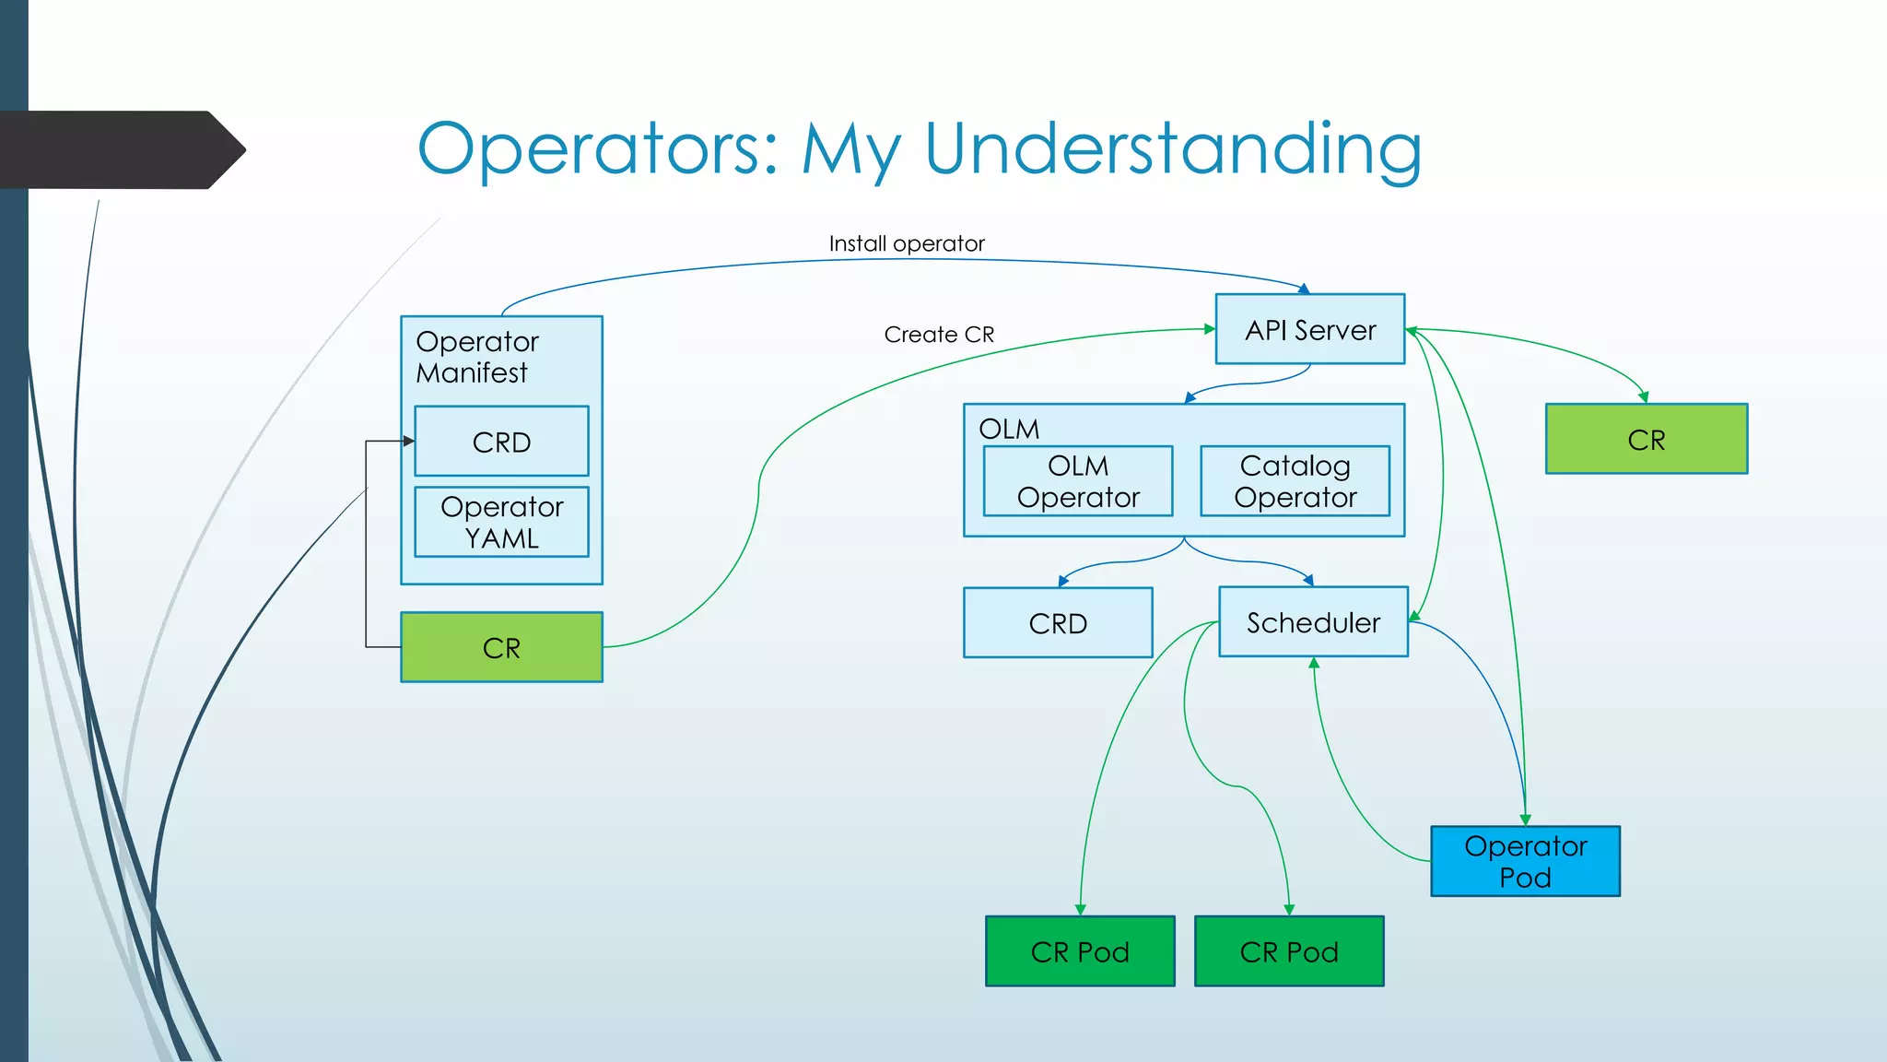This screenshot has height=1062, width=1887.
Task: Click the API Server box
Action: point(1309,329)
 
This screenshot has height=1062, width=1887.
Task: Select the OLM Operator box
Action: point(1077,481)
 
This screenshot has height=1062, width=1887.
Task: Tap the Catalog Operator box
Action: point(1295,481)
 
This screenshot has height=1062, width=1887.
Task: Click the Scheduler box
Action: point(1313,622)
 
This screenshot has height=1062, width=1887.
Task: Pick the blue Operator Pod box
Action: point(1525,861)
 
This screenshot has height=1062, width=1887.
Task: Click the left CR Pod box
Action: point(1080,951)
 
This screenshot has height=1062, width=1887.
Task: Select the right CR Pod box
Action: point(1288,951)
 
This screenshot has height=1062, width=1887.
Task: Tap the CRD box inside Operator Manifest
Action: point(501,442)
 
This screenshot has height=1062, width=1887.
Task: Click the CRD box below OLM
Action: point(1058,623)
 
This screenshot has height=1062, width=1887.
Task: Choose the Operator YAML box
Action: point(501,522)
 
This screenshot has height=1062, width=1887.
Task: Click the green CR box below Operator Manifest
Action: point(501,647)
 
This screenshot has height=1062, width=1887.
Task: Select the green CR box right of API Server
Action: point(1646,440)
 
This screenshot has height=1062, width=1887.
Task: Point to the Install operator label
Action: point(906,243)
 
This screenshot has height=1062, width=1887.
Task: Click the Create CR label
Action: point(939,335)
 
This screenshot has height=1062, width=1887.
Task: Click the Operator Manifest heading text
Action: point(476,357)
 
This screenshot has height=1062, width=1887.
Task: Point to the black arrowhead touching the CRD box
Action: point(409,442)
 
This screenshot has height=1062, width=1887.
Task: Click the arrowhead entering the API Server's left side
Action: point(1210,329)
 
